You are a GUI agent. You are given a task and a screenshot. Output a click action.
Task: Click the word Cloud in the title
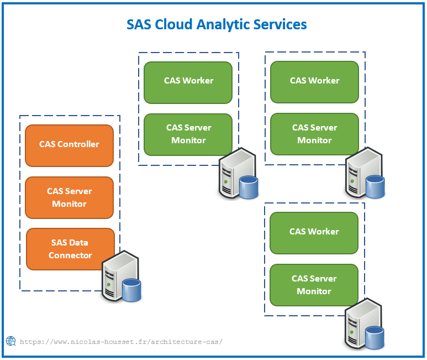(173, 24)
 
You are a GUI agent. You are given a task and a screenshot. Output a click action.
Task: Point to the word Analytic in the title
(223, 25)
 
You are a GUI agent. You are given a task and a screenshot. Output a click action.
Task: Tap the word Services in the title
(280, 24)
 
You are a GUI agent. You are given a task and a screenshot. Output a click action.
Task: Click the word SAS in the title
(139, 24)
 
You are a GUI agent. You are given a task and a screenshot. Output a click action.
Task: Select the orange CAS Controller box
(69, 145)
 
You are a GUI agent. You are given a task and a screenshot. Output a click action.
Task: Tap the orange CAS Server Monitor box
(69, 197)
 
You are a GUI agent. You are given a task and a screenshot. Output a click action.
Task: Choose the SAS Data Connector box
(70, 249)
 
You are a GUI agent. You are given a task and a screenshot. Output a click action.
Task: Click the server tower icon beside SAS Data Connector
(120, 276)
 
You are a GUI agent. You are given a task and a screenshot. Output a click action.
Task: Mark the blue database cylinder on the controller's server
(131, 290)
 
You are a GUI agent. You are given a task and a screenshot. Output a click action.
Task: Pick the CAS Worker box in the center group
(188, 82)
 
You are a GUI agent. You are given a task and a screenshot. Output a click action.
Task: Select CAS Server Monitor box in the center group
(188, 134)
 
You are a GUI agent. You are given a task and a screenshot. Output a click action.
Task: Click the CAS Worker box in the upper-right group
(314, 82)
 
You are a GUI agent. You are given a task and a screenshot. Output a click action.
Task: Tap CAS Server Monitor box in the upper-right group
(314, 134)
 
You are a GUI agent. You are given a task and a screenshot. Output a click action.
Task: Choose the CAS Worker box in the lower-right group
(314, 233)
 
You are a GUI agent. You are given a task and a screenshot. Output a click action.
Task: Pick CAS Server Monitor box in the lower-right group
(314, 285)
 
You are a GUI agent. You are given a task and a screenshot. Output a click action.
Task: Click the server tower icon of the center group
(237, 173)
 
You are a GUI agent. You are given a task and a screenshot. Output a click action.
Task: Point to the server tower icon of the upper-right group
(363, 173)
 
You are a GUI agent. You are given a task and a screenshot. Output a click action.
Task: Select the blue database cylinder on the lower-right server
(375, 338)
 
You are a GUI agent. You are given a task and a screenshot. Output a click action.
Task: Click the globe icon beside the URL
(11, 341)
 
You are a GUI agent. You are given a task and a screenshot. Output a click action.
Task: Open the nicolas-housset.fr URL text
(121, 342)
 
